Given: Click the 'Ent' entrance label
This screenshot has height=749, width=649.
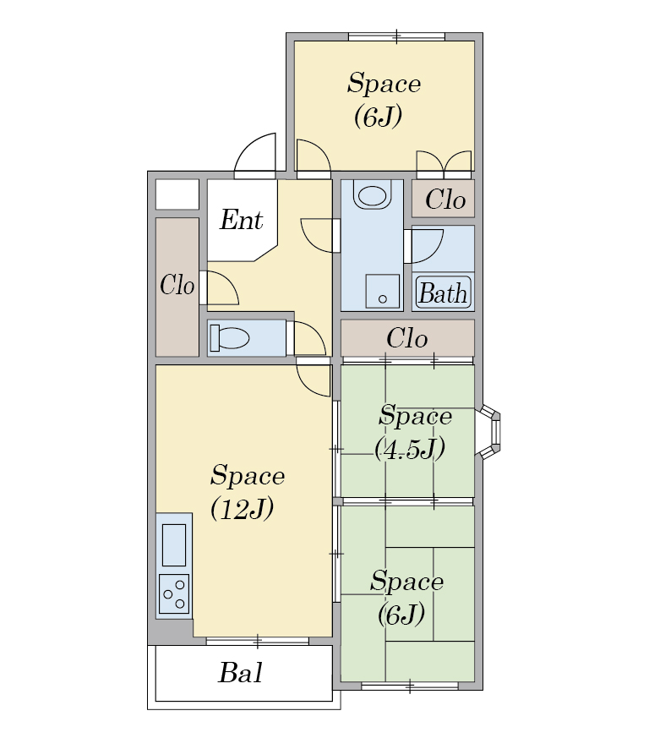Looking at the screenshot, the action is (x=241, y=220).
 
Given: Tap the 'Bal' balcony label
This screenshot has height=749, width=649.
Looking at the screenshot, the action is (x=240, y=673).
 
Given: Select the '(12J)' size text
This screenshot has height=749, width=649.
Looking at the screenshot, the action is (x=243, y=508).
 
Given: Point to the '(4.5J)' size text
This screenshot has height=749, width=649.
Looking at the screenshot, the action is (x=410, y=449).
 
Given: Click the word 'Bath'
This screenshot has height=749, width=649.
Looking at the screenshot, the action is (x=443, y=293).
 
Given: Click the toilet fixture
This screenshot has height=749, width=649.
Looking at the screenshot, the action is (x=229, y=337).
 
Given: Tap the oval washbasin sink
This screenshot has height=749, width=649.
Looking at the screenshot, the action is (x=372, y=194).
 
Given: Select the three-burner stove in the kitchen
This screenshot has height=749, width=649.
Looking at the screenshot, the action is (x=174, y=593).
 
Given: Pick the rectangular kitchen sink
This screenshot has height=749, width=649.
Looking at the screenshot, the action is (x=174, y=545).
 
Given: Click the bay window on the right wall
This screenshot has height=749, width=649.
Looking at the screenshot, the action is (x=488, y=432).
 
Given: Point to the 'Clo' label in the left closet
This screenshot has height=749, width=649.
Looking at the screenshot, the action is (x=177, y=285).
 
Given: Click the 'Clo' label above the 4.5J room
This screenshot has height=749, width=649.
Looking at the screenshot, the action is (x=406, y=339).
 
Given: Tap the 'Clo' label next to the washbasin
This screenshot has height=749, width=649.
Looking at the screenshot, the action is (x=445, y=200).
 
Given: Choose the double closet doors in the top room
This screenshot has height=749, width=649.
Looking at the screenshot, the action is (x=444, y=161).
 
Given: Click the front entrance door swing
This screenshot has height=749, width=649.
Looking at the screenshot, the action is (x=255, y=153).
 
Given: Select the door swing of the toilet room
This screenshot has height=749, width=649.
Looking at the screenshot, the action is (x=309, y=339).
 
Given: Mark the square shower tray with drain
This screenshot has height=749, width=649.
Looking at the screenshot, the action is (x=383, y=291).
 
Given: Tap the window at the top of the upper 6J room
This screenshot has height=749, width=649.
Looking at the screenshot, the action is (x=397, y=37).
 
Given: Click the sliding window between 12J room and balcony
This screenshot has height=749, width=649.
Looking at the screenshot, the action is (x=258, y=641).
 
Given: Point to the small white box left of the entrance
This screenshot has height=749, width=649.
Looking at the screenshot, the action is (x=177, y=194).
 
